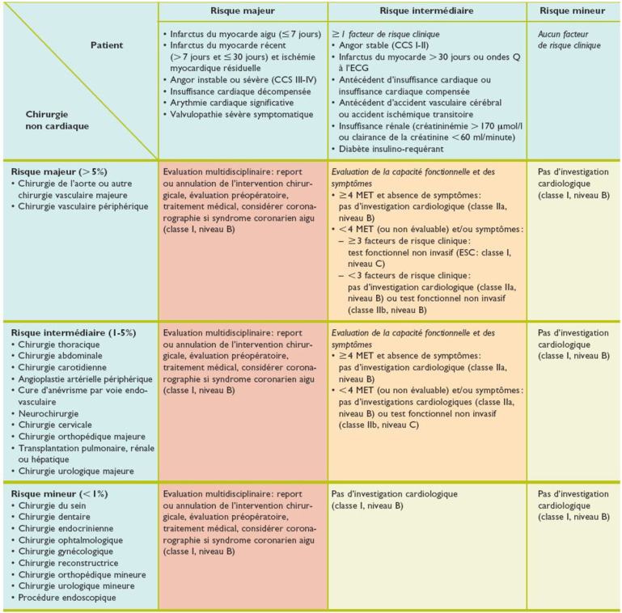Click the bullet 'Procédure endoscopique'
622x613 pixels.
(x=67, y=598)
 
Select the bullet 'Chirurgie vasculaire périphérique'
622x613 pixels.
(x=79, y=206)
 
